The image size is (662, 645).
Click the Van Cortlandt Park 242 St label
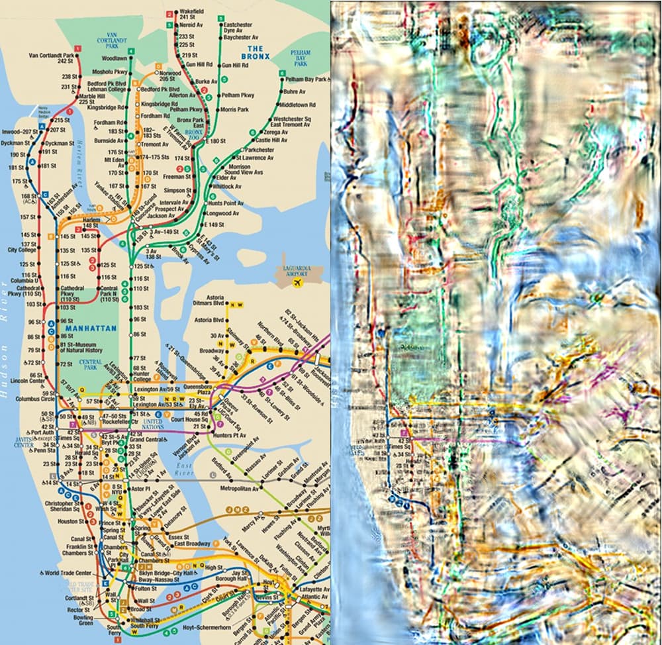[52, 57]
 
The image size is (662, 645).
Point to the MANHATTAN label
[91, 328]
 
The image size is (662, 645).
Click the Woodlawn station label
[115, 59]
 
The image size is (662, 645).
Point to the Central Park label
[91, 363]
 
